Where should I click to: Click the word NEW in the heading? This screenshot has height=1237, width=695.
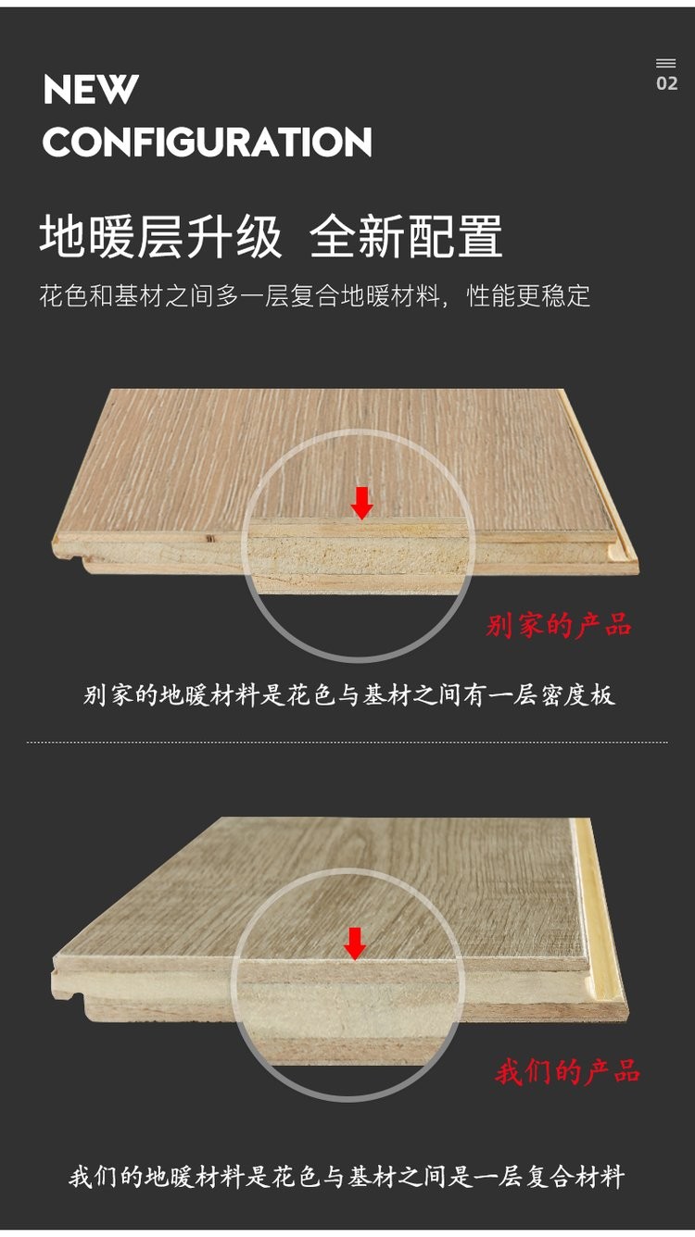(91, 90)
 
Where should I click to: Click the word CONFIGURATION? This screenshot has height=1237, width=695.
(208, 142)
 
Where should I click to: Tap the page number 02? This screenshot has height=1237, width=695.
(667, 83)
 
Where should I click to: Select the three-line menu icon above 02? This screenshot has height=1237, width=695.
(666, 64)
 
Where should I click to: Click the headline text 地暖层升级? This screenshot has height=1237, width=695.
(161, 237)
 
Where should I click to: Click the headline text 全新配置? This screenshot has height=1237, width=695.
(406, 237)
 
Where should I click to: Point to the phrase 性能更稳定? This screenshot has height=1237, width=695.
(528, 296)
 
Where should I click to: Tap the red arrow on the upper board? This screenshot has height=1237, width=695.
(362, 503)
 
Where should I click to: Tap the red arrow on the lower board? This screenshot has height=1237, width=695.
(354, 943)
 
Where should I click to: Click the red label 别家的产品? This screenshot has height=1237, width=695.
(559, 625)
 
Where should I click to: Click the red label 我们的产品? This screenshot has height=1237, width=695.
(567, 1071)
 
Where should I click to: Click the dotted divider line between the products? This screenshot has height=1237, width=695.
(347, 743)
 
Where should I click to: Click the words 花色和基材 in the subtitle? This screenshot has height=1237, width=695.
(101, 296)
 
